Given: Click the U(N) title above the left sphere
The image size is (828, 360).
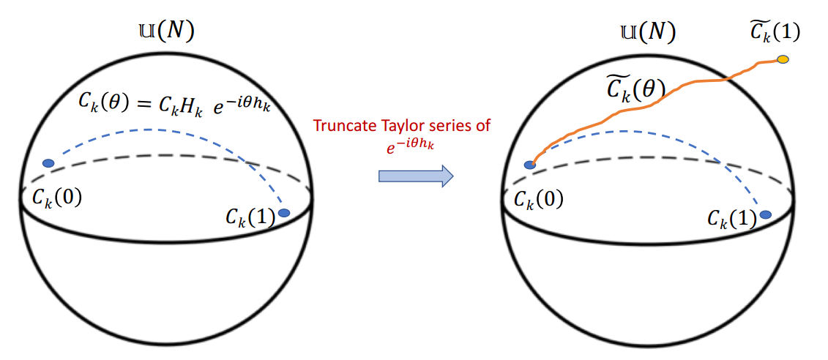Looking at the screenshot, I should pyautogui.click(x=166, y=31).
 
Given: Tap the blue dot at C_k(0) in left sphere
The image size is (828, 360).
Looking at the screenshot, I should pyautogui.click(x=48, y=162).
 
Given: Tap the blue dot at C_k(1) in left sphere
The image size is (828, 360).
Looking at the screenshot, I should pyautogui.click(x=284, y=213).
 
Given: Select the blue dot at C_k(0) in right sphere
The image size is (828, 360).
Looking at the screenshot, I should pyautogui.click(x=529, y=165).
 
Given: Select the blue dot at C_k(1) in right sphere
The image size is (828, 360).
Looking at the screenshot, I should pyautogui.click(x=766, y=214).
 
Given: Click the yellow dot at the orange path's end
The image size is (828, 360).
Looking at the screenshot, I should pyautogui.click(x=783, y=59).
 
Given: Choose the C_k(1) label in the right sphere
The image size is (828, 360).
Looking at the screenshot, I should pyautogui.click(x=732, y=217).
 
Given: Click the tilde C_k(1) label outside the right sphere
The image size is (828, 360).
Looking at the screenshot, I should pyautogui.click(x=776, y=32).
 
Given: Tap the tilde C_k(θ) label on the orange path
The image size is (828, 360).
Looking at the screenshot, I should pyautogui.click(x=634, y=89).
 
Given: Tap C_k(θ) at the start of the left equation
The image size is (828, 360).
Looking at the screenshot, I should pyautogui.click(x=104, y=103).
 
